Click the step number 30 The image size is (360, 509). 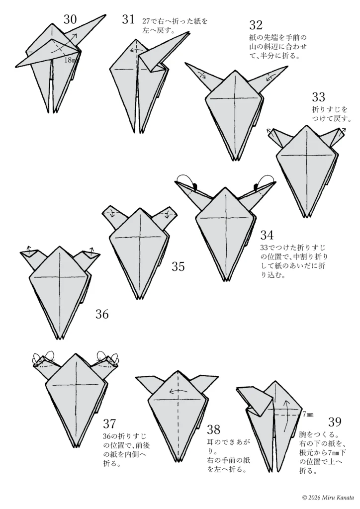click(70, 19)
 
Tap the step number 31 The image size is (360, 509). click(128, 19)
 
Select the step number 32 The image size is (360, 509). click(256, 25)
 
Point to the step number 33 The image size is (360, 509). click(318, 97)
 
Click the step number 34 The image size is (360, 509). click(267, 235)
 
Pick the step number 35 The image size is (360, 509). click(178, 266)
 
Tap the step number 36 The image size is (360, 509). click(102, 314)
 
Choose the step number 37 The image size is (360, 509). click(109, 424)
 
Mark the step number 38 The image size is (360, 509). click(214, 430)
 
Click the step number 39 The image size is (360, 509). click(335, 422)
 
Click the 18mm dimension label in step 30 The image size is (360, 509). click(70, 60)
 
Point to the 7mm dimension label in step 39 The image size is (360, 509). click(308, 414)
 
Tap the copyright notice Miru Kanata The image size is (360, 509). click(329, 497)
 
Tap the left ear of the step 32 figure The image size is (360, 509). click(202, 77)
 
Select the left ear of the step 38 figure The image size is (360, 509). click(148, 384)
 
